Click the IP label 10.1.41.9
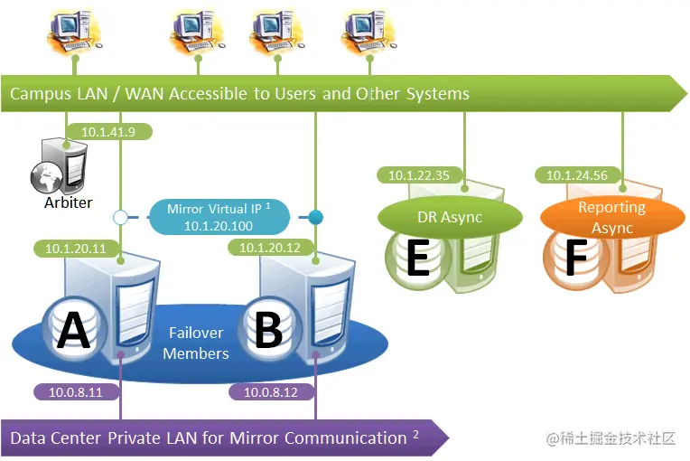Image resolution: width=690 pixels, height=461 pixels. click(107, 132)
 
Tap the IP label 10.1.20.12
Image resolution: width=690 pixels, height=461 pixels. click(270, 247)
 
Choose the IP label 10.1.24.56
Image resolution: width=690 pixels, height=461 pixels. click(576, 175)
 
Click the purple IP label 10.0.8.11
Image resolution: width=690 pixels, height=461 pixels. click(76, 392)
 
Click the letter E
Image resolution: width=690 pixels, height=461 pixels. click(417, 259)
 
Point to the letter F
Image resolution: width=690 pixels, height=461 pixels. click(575, 259)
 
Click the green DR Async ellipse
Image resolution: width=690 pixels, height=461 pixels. click(450, 217)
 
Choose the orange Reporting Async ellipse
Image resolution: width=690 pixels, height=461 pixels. click(611, 218)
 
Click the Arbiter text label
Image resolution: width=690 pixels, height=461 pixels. click(68, 202)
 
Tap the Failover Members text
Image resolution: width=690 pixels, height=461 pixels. click(195, 343)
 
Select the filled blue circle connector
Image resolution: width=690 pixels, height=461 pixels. click(315, 217)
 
